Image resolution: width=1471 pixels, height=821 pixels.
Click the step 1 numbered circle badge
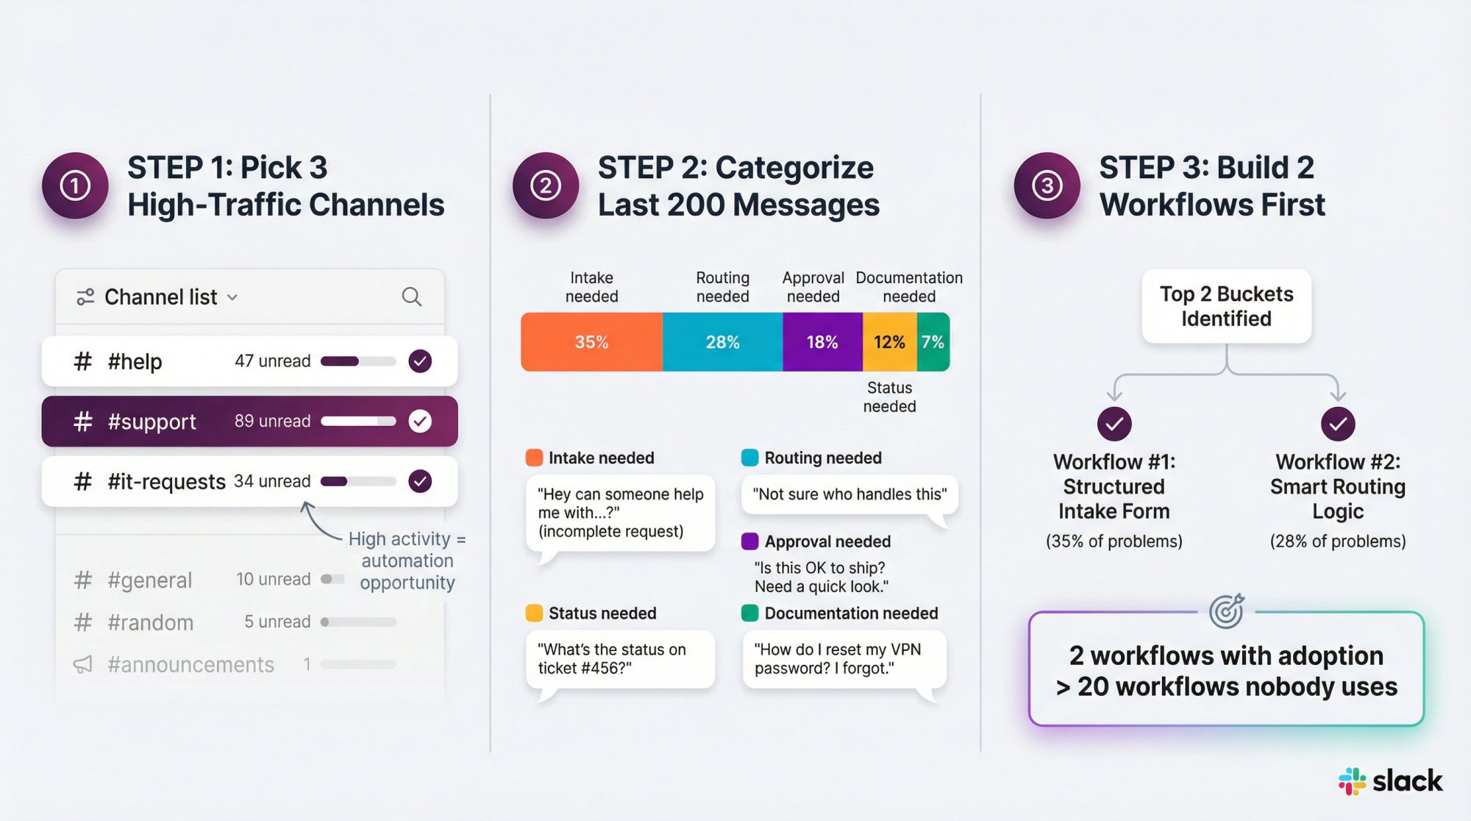(x=75, y=185)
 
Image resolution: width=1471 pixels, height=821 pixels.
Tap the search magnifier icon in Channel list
(x=411, y=296)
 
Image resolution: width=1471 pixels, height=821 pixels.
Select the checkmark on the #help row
(x=420, y=361)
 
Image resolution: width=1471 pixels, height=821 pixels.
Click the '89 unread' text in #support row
(x=272, y=421)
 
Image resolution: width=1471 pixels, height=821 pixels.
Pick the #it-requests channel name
(x=166, y=481)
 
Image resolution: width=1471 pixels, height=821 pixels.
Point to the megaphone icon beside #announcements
(x=83, y=664)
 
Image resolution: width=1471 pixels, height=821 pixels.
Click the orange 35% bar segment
(x=591, y=342)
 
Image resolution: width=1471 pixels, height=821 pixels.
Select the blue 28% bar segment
(x=722, y=342)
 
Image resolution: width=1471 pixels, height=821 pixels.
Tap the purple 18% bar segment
(x=822, y=342)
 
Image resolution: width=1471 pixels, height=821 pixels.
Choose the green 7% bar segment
(x=933, y=342)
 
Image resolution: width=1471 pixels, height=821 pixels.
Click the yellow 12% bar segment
(x=889, y=342)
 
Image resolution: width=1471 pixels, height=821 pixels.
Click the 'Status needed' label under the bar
(x=889, y=397)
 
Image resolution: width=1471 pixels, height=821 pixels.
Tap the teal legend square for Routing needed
(x=749, y=458)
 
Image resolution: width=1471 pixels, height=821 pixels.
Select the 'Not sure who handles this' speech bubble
(x=850, y=494)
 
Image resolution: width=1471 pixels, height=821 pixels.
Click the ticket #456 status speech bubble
(x=620, y=659)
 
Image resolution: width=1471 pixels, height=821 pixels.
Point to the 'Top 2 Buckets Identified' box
(x=1226, y=306)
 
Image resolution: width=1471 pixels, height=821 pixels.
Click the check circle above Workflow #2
(x=1337, y=424)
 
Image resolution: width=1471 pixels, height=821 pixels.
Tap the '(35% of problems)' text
(x=1114, y=541)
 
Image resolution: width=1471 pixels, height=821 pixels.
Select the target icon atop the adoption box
(x=1226, y=611)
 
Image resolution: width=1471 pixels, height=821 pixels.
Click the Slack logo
(x=1390, y=781)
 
